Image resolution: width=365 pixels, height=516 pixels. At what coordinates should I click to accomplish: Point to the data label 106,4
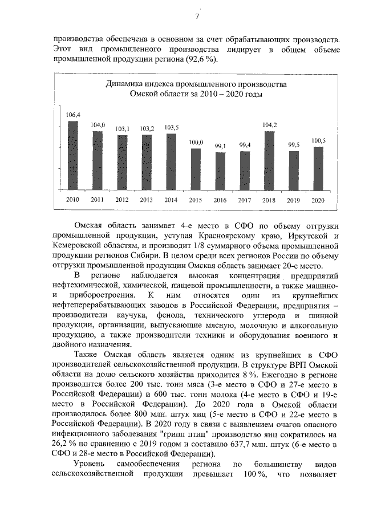pos(72,115)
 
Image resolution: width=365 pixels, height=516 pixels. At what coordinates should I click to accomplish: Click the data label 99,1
pos(220,147)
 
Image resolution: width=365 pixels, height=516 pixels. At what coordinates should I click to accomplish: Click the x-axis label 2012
pos(121,200)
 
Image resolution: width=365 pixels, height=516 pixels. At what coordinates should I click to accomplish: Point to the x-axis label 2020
pos(318,200)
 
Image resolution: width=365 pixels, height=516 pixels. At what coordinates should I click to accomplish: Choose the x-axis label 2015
pos(196,200)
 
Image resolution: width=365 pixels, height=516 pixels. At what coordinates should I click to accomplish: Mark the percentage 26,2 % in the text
pos(63,445)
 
